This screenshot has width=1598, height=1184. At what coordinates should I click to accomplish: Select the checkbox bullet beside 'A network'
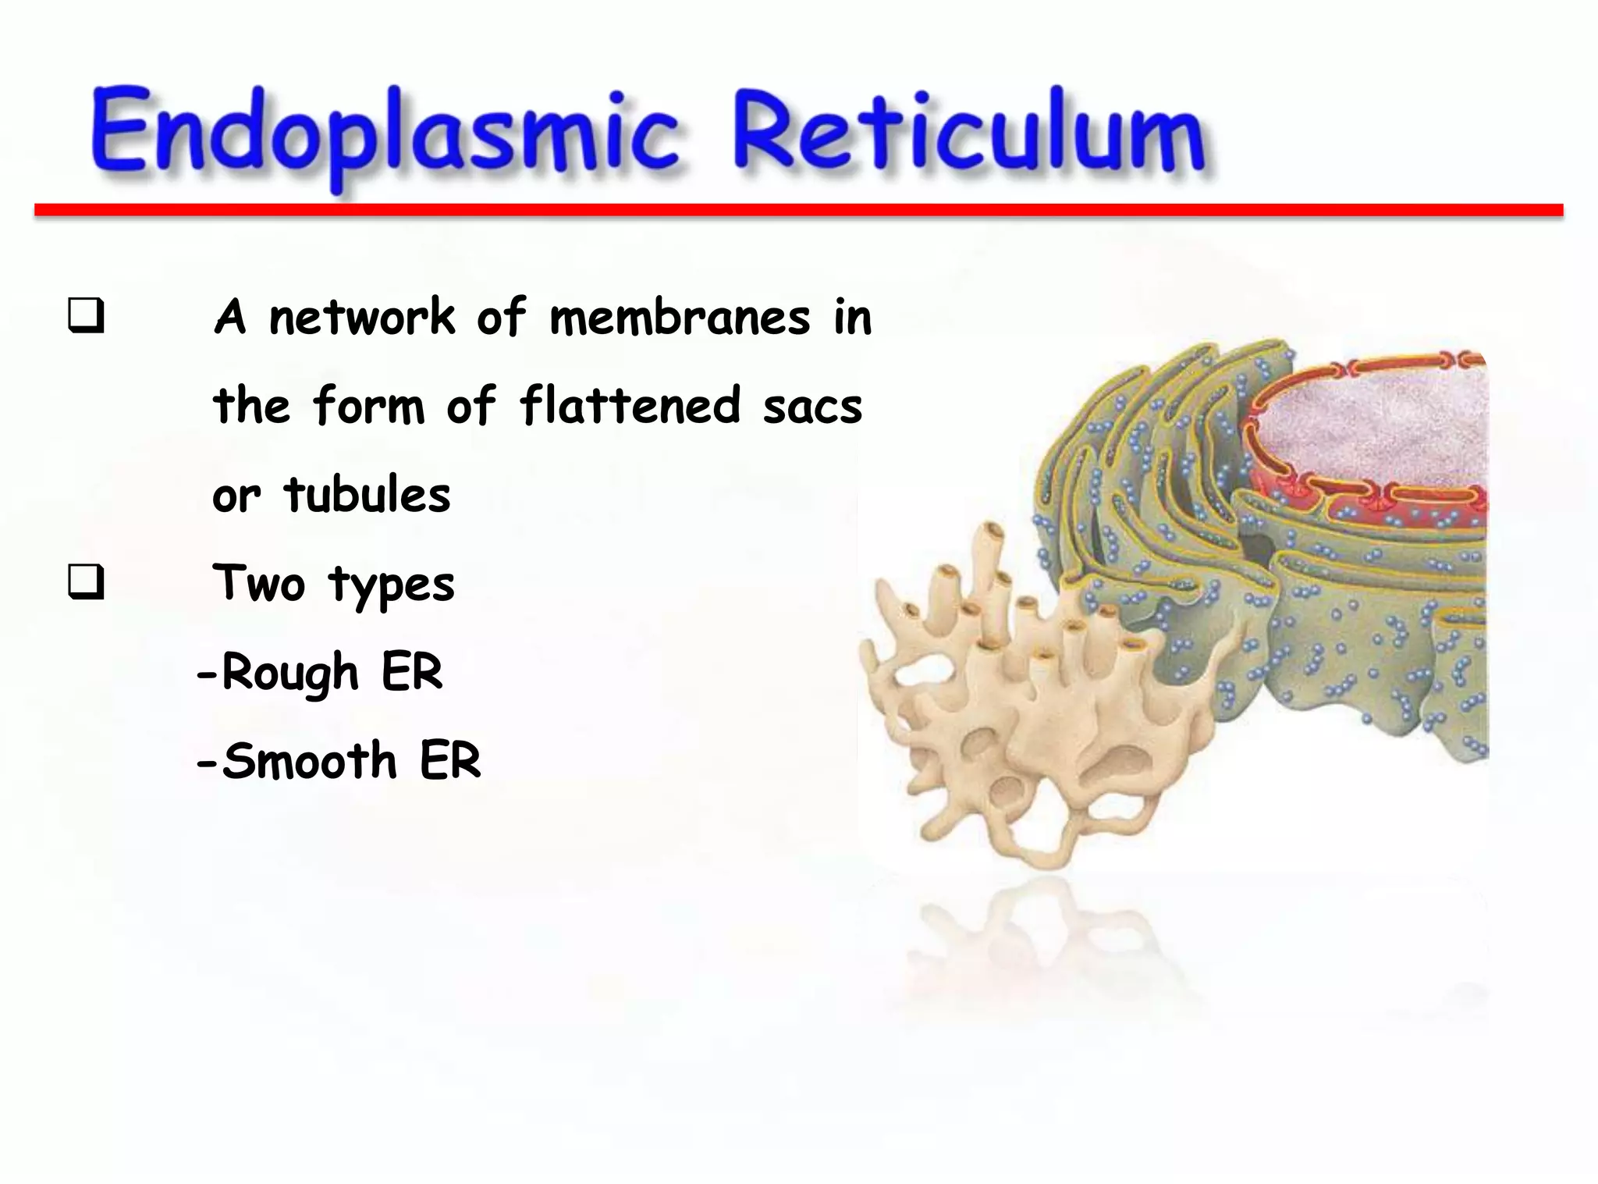86,317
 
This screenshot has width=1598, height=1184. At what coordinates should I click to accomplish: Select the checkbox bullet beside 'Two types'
86,582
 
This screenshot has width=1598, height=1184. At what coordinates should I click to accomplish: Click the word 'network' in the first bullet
361,318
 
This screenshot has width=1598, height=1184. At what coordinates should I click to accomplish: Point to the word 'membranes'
680,318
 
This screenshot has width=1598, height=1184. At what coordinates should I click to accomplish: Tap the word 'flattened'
630,406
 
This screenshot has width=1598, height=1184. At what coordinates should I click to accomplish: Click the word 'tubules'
368,495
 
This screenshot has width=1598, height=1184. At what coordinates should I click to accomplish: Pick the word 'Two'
258,583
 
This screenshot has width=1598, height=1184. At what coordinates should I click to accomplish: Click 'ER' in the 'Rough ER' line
411,672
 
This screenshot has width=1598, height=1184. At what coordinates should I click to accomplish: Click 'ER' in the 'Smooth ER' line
450,760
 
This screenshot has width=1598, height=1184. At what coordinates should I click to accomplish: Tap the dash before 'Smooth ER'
206,762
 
